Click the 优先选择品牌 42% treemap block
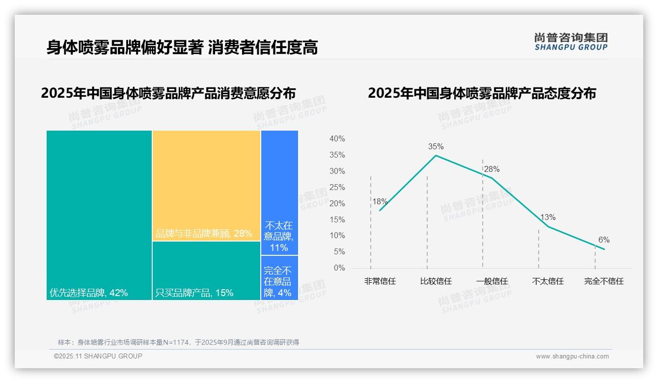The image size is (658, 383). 99,215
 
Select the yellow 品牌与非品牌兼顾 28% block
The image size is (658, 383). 206,186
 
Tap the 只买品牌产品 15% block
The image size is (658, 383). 206,271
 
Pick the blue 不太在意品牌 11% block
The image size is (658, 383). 279,192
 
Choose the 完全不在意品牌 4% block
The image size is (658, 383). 279,278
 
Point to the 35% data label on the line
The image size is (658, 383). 436,146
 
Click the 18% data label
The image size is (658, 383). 380,201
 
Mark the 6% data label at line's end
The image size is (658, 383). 604,240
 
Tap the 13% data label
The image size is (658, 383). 548,218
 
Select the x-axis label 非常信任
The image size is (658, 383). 380,281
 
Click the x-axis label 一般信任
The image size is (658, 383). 492,281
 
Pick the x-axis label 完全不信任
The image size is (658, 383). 604,281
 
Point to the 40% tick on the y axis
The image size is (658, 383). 337,139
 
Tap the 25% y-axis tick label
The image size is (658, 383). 337,187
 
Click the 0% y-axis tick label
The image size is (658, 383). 339,268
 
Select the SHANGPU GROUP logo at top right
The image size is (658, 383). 571,42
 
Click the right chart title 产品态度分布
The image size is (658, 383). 482,93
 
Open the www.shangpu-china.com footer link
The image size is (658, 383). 572,356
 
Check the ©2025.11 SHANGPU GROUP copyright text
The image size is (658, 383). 98,356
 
